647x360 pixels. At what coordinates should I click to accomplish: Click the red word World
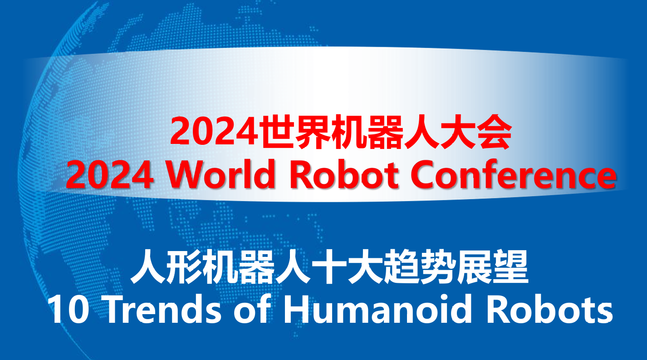[x=221, y=174]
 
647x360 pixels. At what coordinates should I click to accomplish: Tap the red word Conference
[x=513, y=174]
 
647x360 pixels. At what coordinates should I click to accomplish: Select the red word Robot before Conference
[x=344, y=174]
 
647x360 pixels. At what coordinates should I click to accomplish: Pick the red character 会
[x=494, y=132]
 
